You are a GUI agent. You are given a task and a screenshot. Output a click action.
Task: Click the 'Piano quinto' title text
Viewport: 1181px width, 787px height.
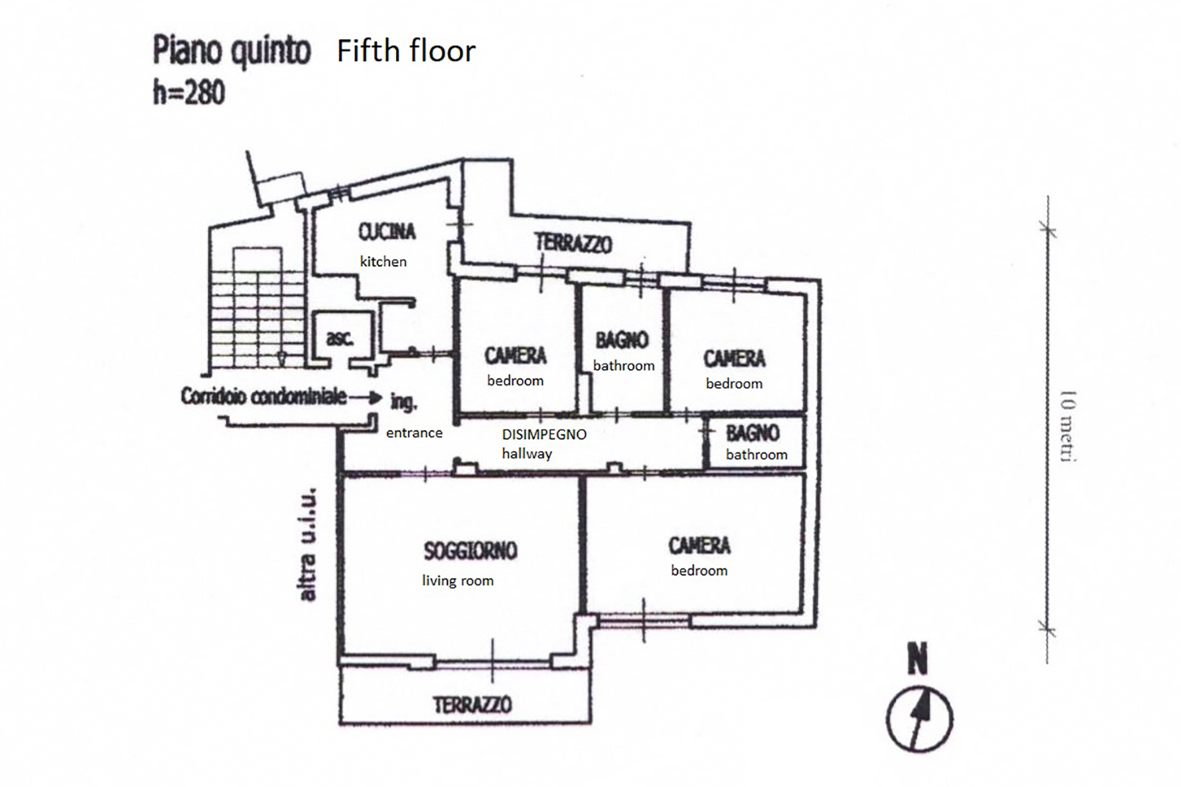[x=231, y=52]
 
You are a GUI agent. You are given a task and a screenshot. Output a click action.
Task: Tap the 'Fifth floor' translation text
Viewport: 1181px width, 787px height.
[x=405, y=51]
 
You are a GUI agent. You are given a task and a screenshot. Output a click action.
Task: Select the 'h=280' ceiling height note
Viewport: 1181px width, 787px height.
[x=189, y=93]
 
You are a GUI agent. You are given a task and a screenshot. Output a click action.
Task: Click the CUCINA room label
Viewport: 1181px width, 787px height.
[x=387, y=231]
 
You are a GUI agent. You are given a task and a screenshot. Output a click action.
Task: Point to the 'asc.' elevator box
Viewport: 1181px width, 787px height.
[x=340, y=338]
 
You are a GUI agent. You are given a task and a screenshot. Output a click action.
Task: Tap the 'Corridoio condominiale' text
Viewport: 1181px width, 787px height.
[x=263, y=396]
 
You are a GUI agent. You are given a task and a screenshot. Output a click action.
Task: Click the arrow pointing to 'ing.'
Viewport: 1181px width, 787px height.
[x=366, y=397]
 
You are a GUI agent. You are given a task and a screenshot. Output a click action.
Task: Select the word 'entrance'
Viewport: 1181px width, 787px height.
[x=414, y=433]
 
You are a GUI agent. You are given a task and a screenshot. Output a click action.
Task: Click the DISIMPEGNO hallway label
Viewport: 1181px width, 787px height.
[x=544, y=434]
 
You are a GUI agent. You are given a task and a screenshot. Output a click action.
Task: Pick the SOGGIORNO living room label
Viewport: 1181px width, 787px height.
[x=470, y=550]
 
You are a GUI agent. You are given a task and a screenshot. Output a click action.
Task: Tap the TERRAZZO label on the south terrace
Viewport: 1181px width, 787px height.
[x=472, y=704]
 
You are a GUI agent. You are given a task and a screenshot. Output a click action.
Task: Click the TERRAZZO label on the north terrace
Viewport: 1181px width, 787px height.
[x=573, y=243]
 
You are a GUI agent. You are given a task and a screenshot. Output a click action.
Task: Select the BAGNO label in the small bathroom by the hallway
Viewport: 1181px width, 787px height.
[x=753, y=433]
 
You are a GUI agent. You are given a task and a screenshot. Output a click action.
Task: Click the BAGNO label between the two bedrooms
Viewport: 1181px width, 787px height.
[x=622, y=340]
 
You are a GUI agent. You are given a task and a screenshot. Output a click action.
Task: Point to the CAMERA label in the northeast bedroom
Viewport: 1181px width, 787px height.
[x=734, y=359]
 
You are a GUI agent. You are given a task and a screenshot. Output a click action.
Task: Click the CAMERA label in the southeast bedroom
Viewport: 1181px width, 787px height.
[x=699, y=545]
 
